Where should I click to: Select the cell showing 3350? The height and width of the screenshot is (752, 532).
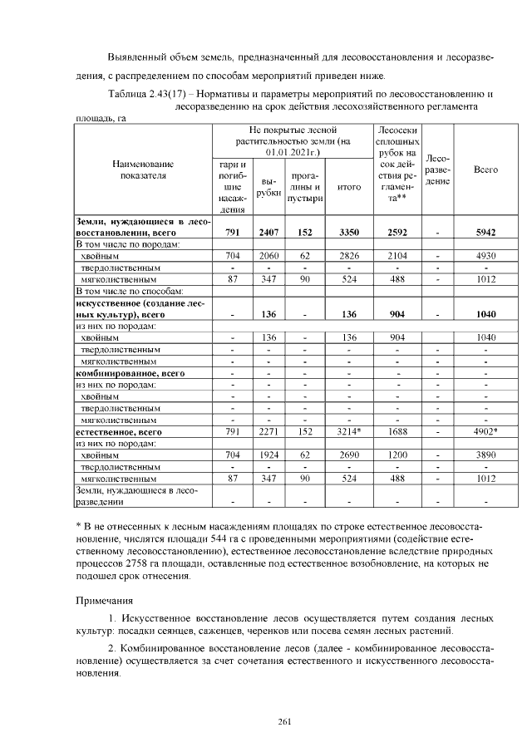pos(349,233)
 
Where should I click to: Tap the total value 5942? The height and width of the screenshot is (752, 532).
pos(485,233)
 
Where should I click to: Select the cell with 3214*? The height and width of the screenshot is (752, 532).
pos(349,432)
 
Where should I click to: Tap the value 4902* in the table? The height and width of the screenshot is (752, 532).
pos(485,432)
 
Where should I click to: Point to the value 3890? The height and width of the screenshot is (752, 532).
pos(485,455)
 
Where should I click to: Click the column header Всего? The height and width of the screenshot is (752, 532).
pos(485,170)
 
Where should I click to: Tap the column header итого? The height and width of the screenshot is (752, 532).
pos(349,188)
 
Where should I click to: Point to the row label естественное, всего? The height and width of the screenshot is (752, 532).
pos(117,432)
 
